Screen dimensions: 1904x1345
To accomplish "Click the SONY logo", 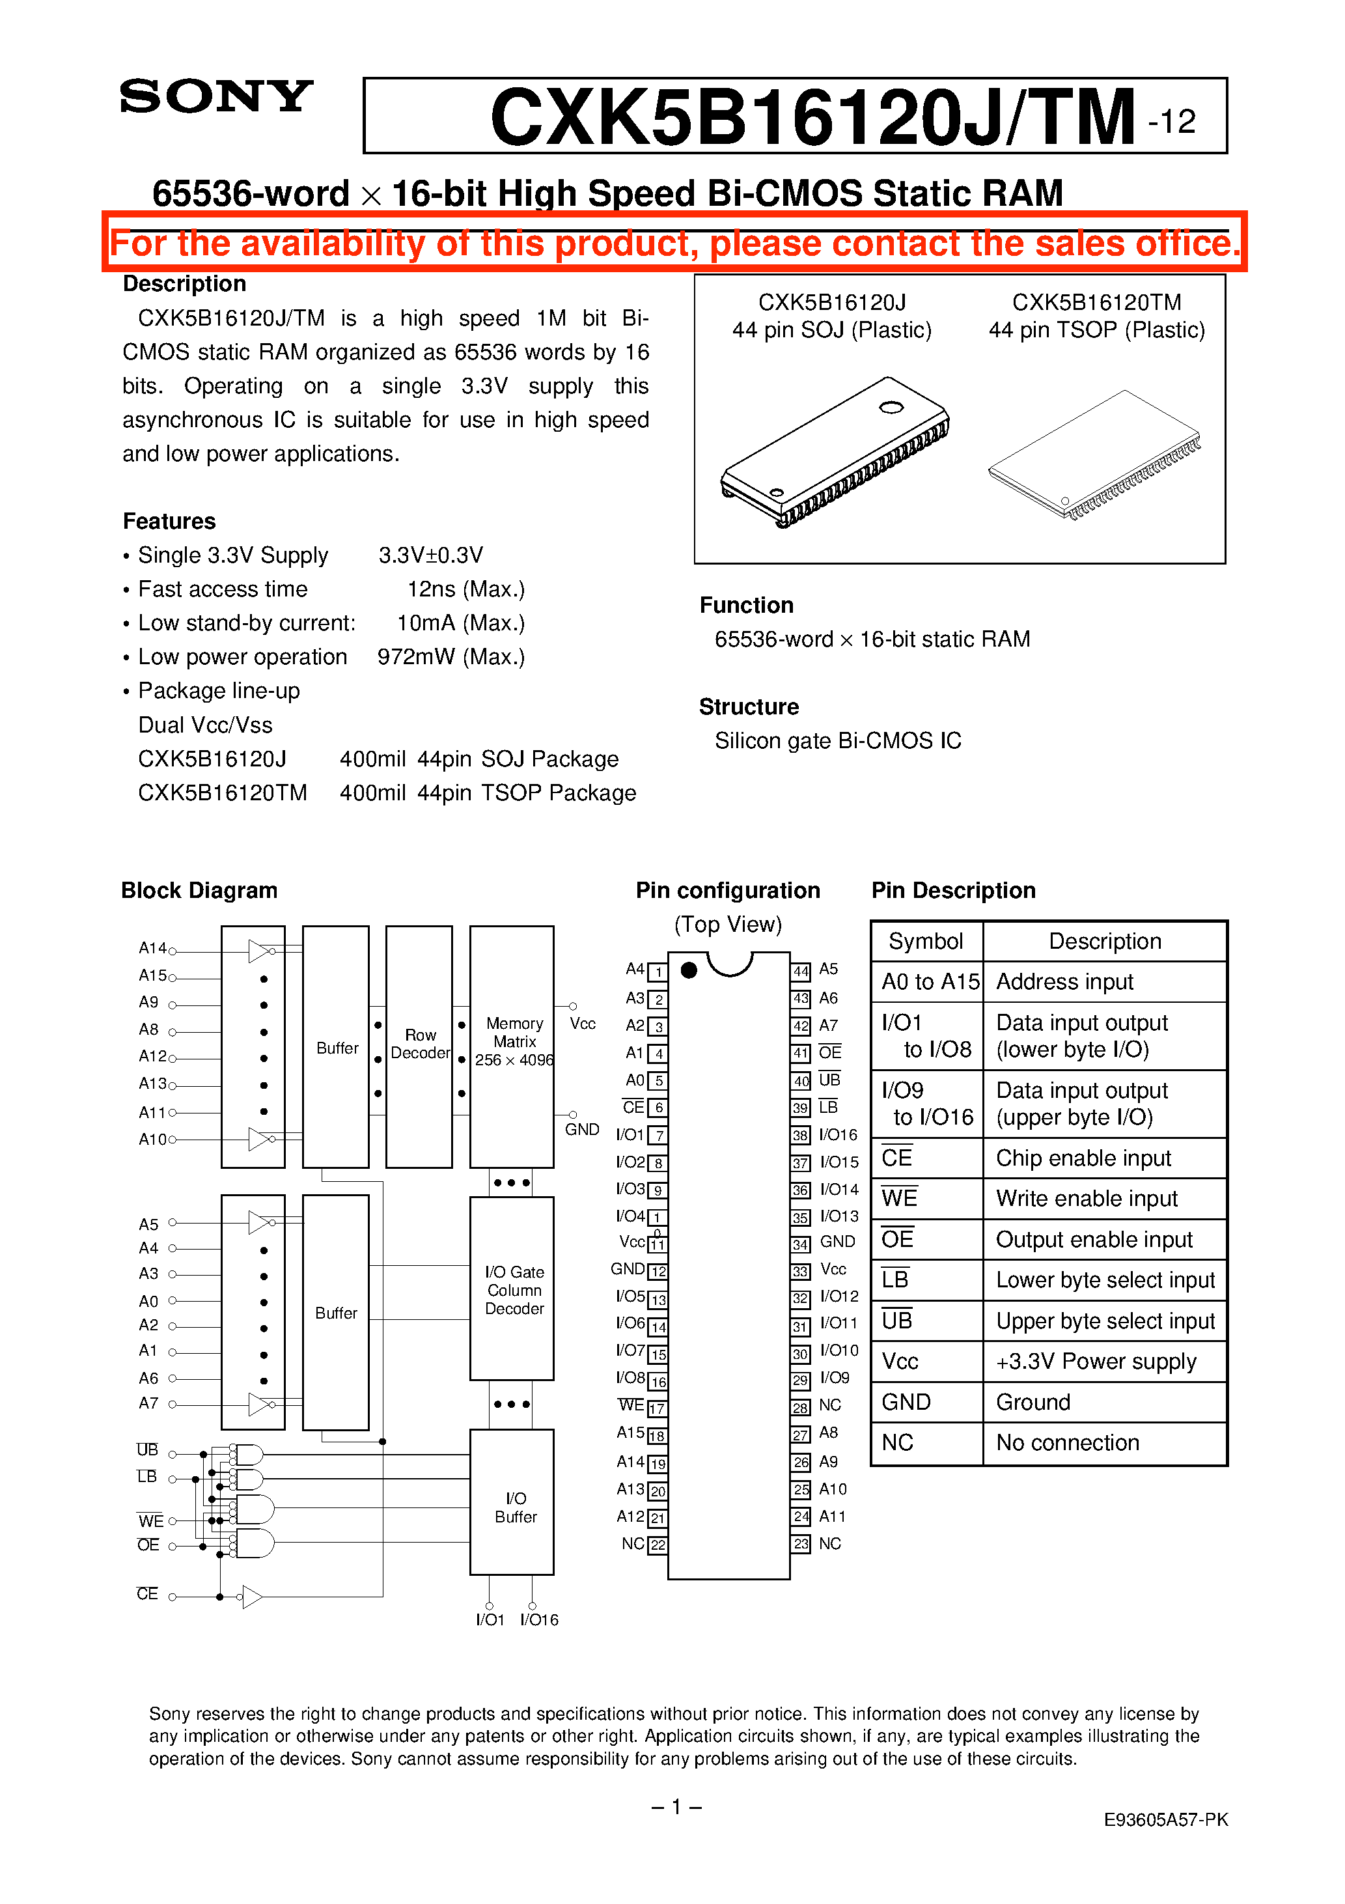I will (x=215, y=97).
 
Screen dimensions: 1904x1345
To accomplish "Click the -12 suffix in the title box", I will (x=1172, y=122).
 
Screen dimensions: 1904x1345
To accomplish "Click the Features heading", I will (x=169, y=521).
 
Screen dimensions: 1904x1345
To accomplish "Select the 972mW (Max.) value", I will (x=451, y=657).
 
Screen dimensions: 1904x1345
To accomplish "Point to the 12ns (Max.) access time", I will (x=466, y=589).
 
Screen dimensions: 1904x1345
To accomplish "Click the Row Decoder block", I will (x=420, y=1045).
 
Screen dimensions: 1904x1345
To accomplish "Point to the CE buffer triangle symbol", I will (x=251, y=1597).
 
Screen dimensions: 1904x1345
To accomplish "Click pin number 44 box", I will (x=800, y=971).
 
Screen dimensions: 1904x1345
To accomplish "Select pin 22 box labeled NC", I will (x=658, y=1545).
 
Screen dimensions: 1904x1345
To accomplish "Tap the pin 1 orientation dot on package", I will (x=688, y=970).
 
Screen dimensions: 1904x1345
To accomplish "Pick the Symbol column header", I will (x=925, y=941).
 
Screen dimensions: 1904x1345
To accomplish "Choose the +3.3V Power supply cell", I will (x=1096, y=1362).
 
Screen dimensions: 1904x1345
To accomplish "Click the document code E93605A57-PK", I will (x=1165, y=1819).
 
